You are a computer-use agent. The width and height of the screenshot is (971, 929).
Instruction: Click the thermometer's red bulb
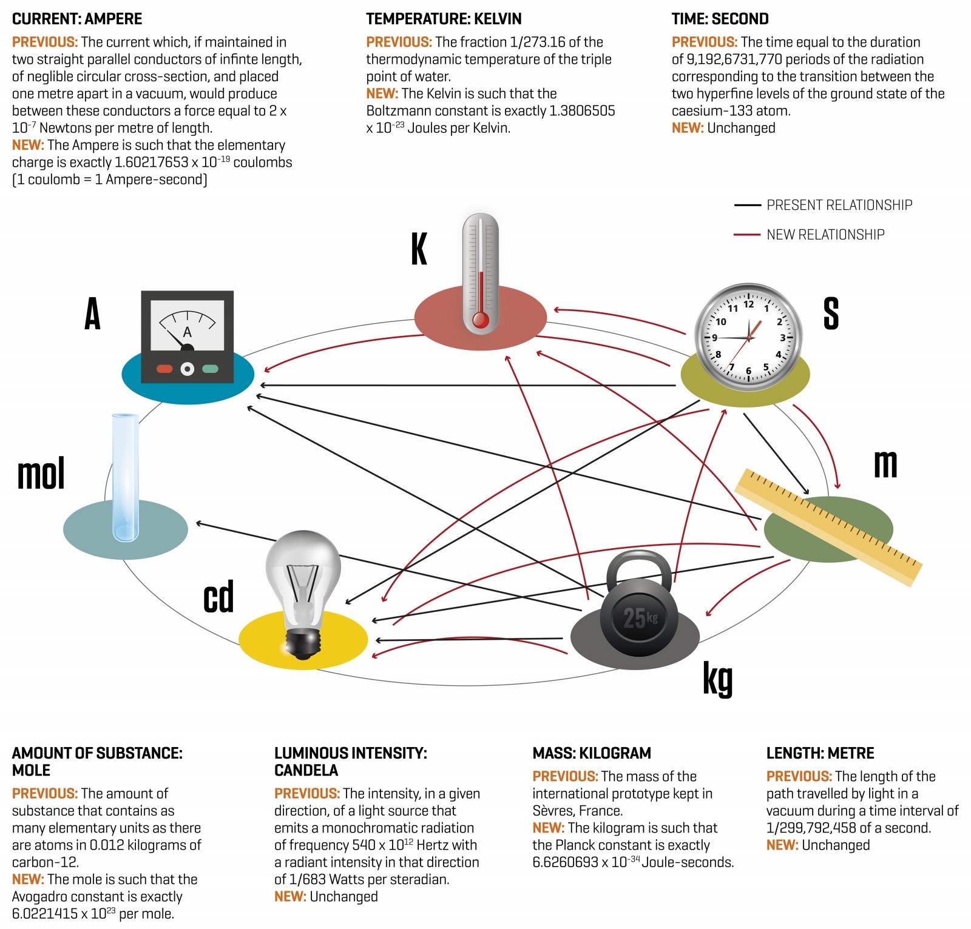(x=481, y=320)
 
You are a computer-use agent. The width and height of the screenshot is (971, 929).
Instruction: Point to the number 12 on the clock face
(x=749, y=304)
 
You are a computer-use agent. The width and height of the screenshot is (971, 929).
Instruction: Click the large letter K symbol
(x=419, y=249)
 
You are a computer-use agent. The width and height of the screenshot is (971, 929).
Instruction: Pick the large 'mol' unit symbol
(x=41, y=474)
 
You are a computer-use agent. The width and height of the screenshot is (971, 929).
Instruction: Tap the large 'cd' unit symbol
(x=218, y=597)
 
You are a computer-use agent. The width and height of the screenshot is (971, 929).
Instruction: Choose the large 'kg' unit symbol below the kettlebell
(x=718, y=679)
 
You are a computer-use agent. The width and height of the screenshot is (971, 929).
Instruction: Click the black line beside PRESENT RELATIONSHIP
(x=747, y=206)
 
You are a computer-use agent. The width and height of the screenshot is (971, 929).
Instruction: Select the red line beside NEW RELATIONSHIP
(x=747, y=235)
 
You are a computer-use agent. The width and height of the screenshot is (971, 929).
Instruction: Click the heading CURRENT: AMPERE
(x=77, y=19)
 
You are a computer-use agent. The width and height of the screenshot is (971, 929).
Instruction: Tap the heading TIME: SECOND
(x=720, y=19)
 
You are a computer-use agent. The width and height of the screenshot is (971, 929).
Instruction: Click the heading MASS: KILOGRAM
(x=592, y=753)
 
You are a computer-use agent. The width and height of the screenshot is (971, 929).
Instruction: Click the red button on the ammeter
(x=164, y=369)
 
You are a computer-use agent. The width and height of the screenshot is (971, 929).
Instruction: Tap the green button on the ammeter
(x=210, y=369)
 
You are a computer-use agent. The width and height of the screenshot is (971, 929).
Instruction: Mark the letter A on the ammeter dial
(x=188, y=332)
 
